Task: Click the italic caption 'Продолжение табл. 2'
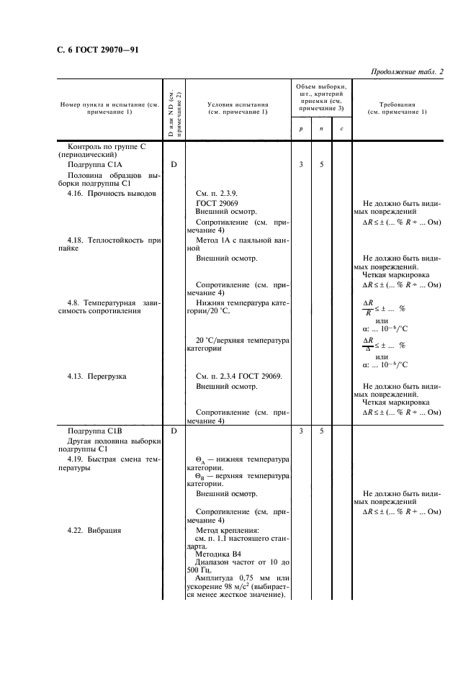(407, 71)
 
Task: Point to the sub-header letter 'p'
(300, 129)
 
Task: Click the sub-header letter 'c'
(341, 129)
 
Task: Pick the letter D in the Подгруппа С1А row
(174, 164)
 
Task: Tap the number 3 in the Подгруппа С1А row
(300, 164)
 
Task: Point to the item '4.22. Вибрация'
(94, 530)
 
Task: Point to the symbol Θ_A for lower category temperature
(200, 459)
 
